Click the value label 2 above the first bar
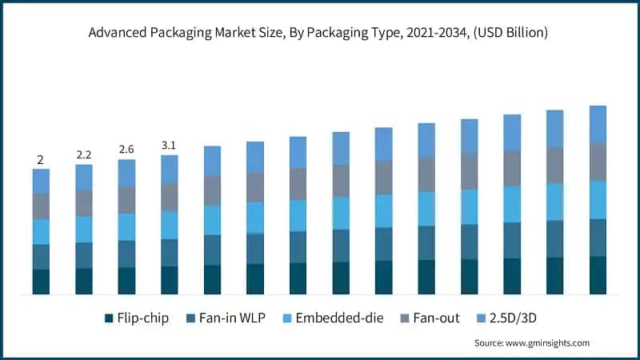(41, 158)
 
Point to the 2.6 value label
(126, 149)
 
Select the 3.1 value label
(170, 145)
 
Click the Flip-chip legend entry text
(143, 318)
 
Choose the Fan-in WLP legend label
(226, 318)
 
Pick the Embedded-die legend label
(339, 318)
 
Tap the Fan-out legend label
(435, 318)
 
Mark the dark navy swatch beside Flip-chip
(109, 318)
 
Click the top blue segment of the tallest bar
(598, 123)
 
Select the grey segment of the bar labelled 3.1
(170, 197)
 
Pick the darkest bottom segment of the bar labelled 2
(41, 282)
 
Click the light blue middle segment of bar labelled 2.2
(84, 229)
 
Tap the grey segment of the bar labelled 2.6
(126, 199)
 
